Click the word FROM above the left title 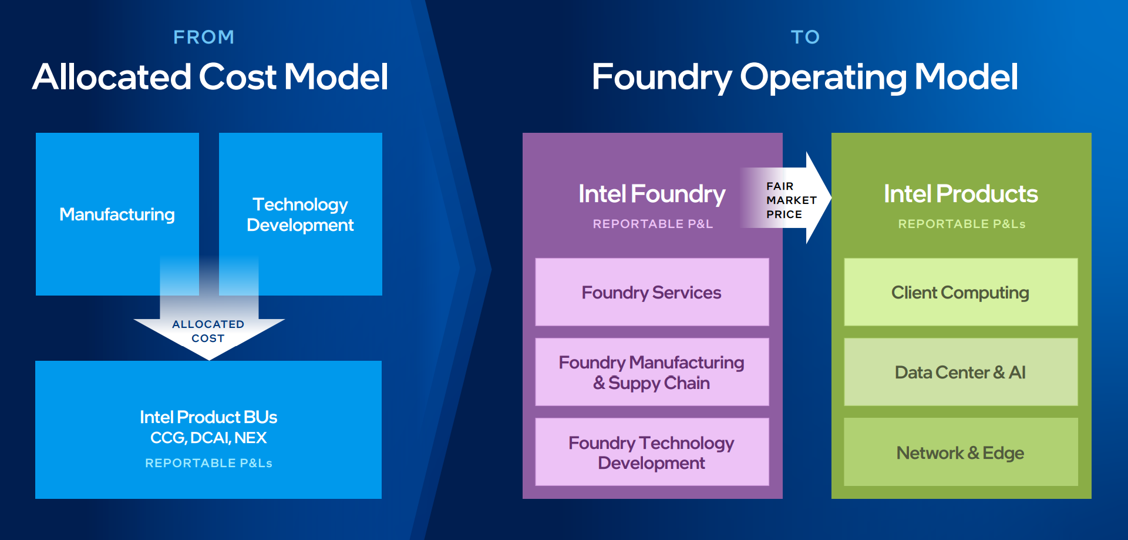[204, 37]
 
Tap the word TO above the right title [805, 37]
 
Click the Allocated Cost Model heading [210, 77]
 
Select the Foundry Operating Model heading [804, 77]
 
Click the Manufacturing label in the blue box [117, 214]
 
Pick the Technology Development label [300, 214]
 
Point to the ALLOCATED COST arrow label [208, 331]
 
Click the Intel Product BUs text [208, 417]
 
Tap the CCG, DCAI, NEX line [208, 438]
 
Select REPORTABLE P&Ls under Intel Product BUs [208, 463]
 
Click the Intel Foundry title [652, 194]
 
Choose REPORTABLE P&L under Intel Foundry [652, 224]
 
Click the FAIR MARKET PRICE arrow [790, 200]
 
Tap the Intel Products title [961, 194]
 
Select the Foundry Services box [652, 292]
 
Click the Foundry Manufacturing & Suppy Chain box [652, 372]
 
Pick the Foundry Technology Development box [652, 452]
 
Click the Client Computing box [961, 292]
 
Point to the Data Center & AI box [961, 372]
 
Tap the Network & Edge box [961, 452]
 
